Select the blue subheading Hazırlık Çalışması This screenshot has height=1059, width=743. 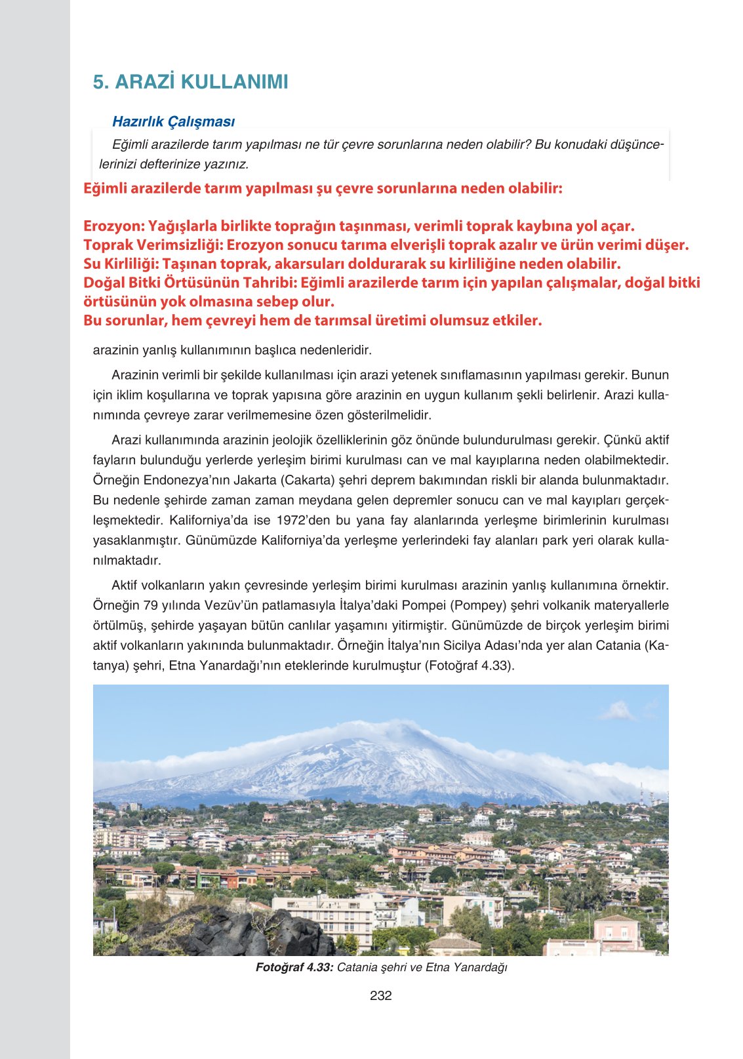pyautogui.click(x=173, y=121)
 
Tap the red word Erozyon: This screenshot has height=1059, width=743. pyautogui.click(x=113, y=226)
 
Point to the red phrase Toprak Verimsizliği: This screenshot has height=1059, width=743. pyautogui.click(x=152, y=245)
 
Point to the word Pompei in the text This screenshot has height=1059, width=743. pyautogui.click(x=424, y=605)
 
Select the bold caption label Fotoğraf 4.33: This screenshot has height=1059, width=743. pyautogui.click(x=294, y=967)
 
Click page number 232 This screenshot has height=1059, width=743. pyautogui.click(x=380, y=995)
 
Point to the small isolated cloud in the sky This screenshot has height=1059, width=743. pyautogui.click(x=618, y=711)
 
